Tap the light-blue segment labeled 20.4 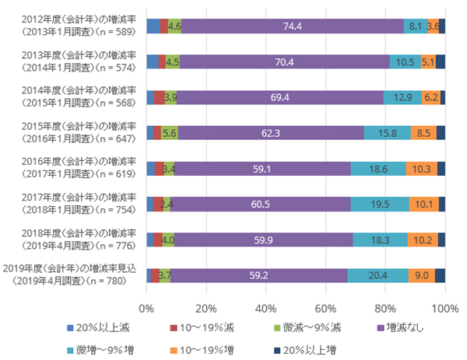378,274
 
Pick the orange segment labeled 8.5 423,133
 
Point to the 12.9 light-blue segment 402,97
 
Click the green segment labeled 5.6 170,133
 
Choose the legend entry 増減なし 401,328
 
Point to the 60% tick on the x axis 325,308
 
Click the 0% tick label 146,308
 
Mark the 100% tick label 444,308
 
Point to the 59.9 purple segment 263,239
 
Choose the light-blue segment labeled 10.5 406,61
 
